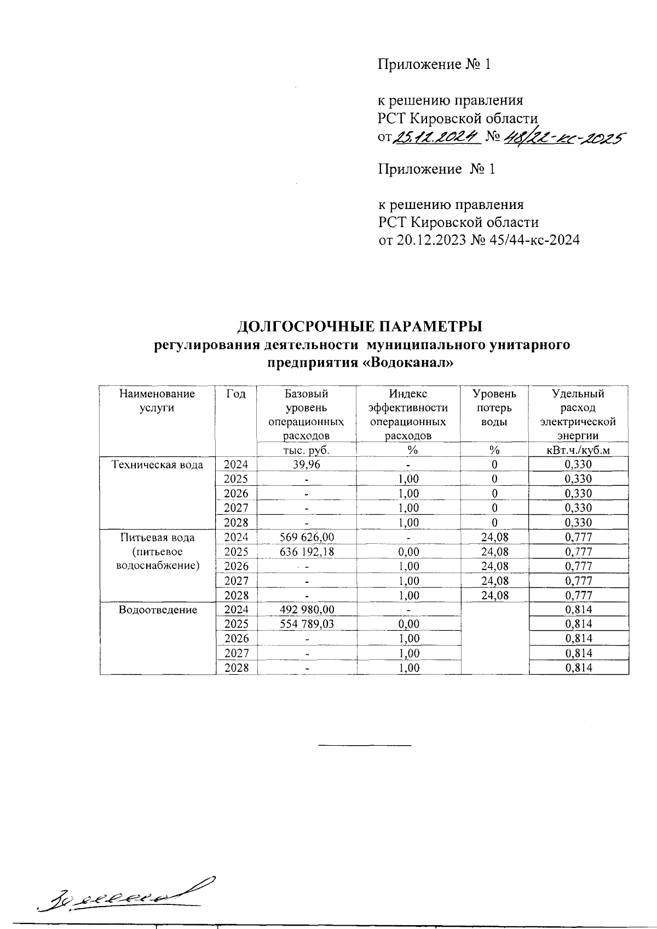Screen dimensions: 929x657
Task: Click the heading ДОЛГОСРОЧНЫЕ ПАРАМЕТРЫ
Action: pos(360,327)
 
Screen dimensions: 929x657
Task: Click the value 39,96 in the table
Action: pos(306,464)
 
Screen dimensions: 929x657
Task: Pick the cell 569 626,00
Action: pos(306,537)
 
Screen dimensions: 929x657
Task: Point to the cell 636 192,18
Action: pos(306,551)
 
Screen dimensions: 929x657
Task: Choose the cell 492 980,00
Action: pos(306,609)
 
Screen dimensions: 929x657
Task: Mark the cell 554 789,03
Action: pos(306,624)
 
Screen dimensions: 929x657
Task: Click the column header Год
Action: pos(236,394)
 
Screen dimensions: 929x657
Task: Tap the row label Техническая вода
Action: pos(157,465)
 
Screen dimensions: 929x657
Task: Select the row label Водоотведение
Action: pos(158,609)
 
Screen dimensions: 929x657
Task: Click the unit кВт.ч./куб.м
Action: pos(578,450)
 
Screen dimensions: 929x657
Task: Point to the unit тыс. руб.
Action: pos(306,450)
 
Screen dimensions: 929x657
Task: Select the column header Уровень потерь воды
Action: pos(494,408)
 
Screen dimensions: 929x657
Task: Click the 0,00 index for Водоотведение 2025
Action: pos(408,624)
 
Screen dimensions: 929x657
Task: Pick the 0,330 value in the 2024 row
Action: pos(578,464)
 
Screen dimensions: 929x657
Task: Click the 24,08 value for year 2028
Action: pos(494,595)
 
